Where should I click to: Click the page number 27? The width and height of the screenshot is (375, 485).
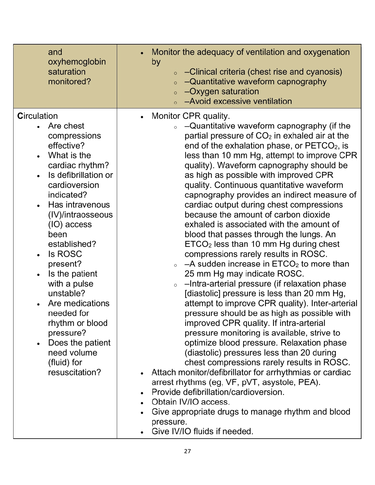pos(187,451)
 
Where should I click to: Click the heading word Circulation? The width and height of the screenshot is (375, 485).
pos(37,116)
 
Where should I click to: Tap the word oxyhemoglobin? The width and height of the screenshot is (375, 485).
pos(77,62)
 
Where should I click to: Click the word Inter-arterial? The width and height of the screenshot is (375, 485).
pos(334,303)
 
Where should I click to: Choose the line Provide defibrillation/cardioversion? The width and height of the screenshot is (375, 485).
pos(218,392)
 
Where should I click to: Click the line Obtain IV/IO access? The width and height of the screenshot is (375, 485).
pos(191,402)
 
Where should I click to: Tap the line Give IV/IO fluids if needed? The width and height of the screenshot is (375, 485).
pos(202,432)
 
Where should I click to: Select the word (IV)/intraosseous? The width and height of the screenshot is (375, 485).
pos(81,215)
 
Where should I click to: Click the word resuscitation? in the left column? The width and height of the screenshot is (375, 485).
pos(74,373)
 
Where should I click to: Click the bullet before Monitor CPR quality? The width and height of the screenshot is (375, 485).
pos(142,117)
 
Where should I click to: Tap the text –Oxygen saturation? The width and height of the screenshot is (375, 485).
pos(222,92)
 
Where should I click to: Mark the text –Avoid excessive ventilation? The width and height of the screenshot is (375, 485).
pos(238,101)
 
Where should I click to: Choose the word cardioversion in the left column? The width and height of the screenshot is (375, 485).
pos(73,185)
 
